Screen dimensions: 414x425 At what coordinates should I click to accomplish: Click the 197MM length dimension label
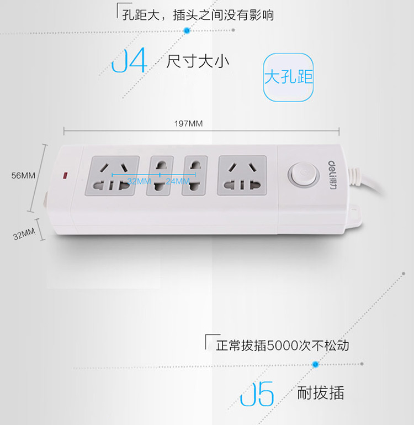pos(188,124)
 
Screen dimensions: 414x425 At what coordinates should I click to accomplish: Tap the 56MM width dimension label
pos(23,175)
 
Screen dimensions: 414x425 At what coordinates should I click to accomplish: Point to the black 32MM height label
pos(24,234)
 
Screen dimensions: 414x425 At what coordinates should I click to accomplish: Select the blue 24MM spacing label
pos(178,181)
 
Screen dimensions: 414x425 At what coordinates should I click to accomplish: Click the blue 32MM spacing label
pos(139,181)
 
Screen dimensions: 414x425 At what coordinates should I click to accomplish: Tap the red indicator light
pos(65,176)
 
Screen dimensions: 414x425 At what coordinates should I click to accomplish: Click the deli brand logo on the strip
pos(332,175)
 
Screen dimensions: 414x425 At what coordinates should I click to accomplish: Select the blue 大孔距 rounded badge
pos(288,77)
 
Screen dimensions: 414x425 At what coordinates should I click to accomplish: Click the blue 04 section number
pos(129,60)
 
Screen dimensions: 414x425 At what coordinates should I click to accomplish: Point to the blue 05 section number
pos(257,394)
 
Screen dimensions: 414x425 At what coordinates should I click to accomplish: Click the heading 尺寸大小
pos(198,61)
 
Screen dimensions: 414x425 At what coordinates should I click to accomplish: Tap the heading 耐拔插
pos(321,393)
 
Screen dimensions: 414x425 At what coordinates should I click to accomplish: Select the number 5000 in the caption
pos(283,345)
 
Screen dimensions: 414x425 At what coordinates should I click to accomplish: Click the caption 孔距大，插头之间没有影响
pos(198,15)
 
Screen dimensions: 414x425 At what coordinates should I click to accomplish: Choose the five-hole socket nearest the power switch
pos(242,175)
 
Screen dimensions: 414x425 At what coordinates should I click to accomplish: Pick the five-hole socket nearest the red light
pos(113,176)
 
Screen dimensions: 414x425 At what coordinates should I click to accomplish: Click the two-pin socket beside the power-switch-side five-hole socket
pos(195,175)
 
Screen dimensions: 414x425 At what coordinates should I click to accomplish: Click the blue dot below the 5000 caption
pos(315,364)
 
